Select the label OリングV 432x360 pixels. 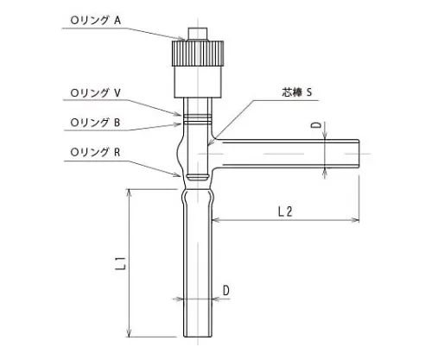(x=99, y=90)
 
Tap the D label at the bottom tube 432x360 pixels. (x=226, y=291)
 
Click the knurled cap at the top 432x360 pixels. (x=199, y=55)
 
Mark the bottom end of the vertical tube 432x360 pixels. (x=199, y=335)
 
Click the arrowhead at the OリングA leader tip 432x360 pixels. (x=183, y=38)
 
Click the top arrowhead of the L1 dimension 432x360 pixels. (x=129, y=191)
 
